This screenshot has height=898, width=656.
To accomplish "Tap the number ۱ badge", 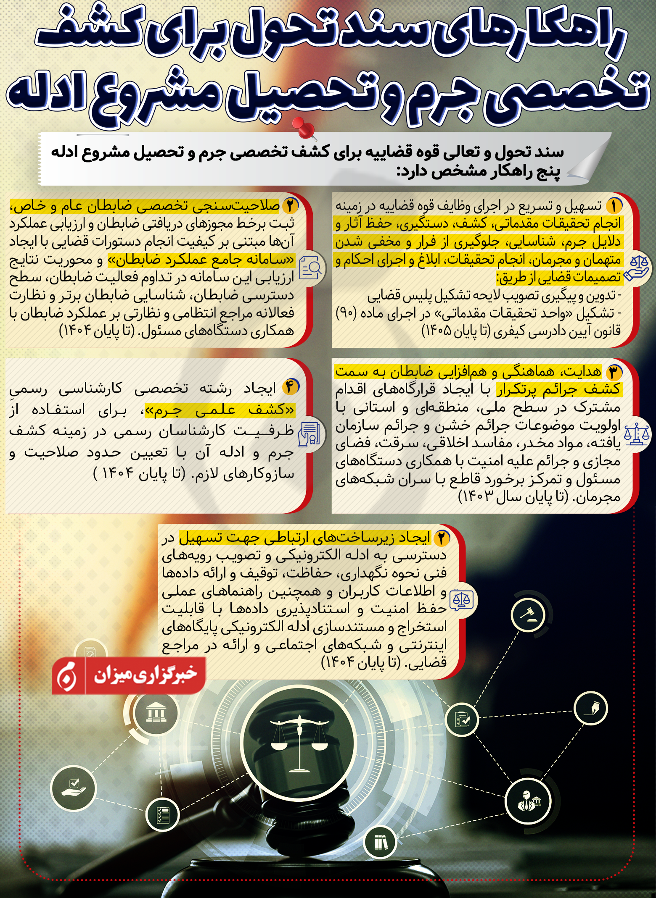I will (614, 206).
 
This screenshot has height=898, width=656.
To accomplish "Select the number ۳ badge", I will (614, 372).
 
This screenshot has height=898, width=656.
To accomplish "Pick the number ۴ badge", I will (290, 387).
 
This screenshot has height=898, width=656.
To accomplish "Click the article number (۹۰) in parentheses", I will (346, 313).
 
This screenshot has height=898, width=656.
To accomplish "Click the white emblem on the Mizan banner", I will (67, 676).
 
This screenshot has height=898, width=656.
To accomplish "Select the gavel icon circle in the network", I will (528, 615).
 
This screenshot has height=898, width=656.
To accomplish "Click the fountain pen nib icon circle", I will (590, 708).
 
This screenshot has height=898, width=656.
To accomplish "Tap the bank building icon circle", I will (156, 712).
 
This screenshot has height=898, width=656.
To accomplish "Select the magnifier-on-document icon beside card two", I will (310, 268).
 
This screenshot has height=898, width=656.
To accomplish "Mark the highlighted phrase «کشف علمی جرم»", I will (220, 410).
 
